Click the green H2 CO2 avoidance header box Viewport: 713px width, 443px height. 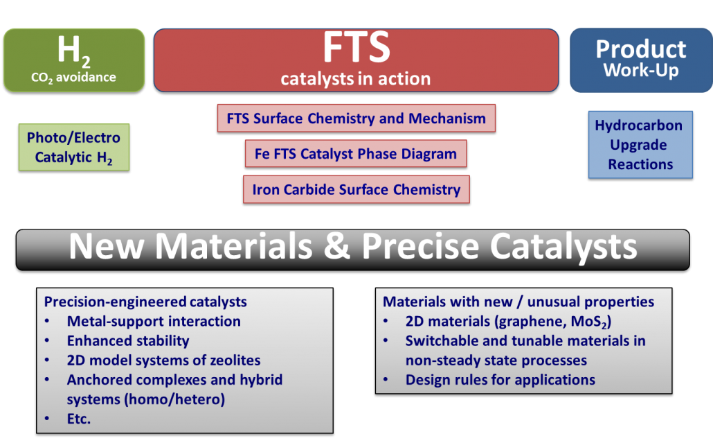click(x=74, y=60)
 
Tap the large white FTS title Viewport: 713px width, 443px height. click(x=356, y=47)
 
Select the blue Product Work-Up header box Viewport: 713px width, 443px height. click(x=641, y=60)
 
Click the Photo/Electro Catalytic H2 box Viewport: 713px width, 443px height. click(x=74, y=147)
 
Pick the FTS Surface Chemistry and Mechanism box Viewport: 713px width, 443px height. click(x=356, y=119)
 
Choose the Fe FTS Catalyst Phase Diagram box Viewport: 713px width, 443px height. click(x=356, y=154)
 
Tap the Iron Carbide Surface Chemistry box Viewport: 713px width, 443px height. click(x=356, y=189)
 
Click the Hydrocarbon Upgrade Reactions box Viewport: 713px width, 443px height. click(x=640, y=145)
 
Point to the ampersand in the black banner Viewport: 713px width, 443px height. click(x=337, y=246)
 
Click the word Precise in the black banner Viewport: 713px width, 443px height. click(x=420, y=246)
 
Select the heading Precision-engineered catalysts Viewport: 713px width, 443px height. click(x=145, y=302)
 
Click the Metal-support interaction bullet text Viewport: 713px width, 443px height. click(x=154, y=322)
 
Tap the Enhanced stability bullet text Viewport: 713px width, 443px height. click(x=128, y=341)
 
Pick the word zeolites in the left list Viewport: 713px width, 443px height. click(x=235, y=360)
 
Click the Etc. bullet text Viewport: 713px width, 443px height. click(x=79, y=419)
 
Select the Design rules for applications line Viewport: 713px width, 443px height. click(x=500, y=380)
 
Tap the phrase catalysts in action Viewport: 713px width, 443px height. click(x=356, y=79)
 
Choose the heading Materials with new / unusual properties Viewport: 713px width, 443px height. click(x=518, y=302)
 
